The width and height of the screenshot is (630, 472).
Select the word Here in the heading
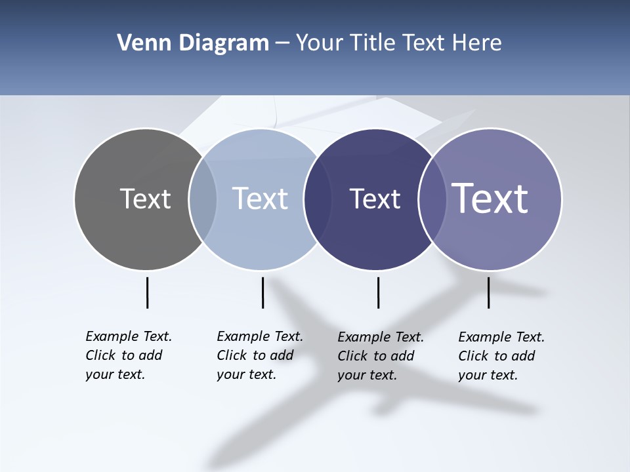[x=477, y=43]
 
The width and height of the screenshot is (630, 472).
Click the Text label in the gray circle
[x=145, y=199]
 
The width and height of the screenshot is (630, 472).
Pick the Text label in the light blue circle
[x=260, y=199]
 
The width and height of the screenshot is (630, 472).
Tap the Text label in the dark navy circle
[x=375, y=199]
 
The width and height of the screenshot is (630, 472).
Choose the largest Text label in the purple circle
[x=490, y=198]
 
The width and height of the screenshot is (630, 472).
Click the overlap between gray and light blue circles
[x=203, y=199]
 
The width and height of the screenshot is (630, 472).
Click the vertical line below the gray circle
[x=147, y=292]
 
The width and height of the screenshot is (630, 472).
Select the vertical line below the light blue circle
[x=262, y=292]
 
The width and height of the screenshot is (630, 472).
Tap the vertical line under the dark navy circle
[x=378, y=292]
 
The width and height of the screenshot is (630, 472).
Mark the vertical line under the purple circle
[x=488, y=292]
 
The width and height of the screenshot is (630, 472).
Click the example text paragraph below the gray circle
[x=128, y=355]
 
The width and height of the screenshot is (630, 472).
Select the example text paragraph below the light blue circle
[x=259, y=355]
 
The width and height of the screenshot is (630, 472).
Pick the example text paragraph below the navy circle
[x=380, y=356]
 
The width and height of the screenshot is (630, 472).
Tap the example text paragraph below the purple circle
[x=501, y=356]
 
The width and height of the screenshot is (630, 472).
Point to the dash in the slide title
[x=282, y=44]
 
